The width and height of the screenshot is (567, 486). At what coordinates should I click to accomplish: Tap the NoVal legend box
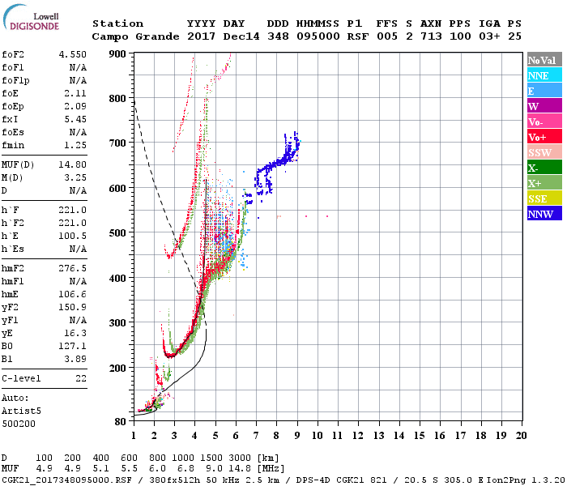(544, 60)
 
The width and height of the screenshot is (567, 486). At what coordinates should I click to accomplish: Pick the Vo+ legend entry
(544, 137)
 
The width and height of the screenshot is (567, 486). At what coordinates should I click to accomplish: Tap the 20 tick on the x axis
(521, 435)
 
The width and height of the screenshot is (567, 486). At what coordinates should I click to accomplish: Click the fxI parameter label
(11, 118)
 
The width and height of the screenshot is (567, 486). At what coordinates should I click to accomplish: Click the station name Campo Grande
(130, 36)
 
